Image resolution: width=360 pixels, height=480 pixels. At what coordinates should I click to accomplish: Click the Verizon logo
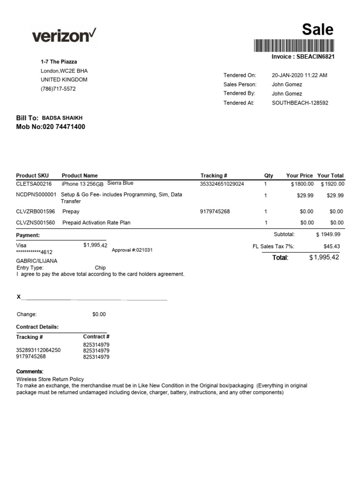[64, 35]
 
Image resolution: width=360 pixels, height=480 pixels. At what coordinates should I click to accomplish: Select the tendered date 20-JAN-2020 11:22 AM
[300, 75]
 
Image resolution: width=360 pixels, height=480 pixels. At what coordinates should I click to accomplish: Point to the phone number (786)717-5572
[58, 89]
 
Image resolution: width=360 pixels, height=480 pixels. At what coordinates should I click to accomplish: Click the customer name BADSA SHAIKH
[62, 118]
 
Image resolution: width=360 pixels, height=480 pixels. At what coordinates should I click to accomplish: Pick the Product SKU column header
[32, 175]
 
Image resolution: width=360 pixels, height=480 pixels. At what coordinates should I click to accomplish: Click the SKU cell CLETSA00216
[34, 184]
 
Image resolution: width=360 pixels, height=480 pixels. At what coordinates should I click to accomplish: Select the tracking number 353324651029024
[222, 184]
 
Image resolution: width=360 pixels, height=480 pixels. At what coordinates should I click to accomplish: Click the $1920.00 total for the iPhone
[332, 184]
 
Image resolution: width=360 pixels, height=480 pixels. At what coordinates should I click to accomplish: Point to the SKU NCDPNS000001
[36, 195]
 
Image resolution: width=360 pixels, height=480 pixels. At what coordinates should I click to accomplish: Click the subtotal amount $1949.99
[328, 234]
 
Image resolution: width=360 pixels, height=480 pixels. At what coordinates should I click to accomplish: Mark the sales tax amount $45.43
[332, 246]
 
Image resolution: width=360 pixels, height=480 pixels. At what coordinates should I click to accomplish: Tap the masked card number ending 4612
[34, 252]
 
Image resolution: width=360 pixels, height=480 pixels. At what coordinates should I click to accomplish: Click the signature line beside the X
[94, 299]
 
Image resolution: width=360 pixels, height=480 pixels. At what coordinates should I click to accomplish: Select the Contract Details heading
[37, 327]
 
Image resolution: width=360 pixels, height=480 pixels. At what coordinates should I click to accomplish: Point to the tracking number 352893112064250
[38, 350]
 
